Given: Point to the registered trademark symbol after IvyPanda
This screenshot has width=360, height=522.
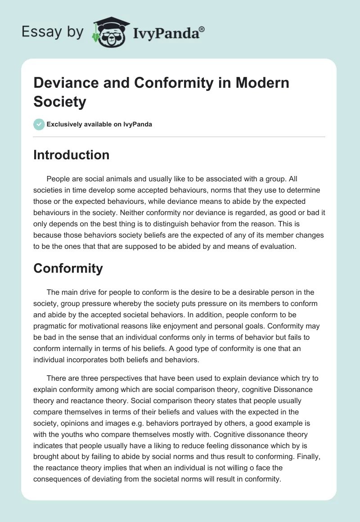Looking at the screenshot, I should (x=202, y=29).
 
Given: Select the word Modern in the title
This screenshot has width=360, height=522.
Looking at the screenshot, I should (x=261, y=83).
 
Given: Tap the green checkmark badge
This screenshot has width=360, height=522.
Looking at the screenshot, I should (x=39, y=124).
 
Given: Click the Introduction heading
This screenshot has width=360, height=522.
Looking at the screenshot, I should (x=71, y=155).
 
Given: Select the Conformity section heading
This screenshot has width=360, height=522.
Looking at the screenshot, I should (x=68, y=269).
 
